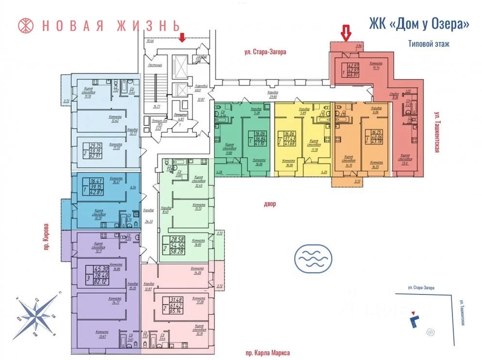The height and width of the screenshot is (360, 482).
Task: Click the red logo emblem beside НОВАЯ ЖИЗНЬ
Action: [25, 25]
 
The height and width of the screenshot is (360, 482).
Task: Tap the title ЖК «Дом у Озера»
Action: [419, 24]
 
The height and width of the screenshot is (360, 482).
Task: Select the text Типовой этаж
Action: [429, 44]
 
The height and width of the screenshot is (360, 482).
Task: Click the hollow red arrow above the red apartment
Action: [346, 33]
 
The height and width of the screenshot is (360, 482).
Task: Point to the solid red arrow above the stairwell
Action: [183, 37]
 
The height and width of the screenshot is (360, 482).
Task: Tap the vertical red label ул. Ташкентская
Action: [436, 132]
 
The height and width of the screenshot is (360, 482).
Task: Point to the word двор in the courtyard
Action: [270, 204]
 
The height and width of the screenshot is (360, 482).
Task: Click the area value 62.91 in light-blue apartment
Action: [95, 156]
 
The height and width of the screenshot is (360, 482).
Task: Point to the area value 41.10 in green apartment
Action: [257, 144]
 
